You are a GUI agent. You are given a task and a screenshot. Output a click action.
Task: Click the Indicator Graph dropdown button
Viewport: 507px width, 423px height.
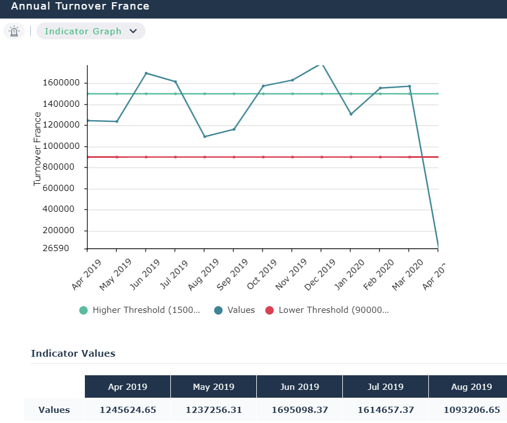[x=90, y=31]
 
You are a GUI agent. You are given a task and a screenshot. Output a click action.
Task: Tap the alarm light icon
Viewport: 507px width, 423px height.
[x=14, y=31]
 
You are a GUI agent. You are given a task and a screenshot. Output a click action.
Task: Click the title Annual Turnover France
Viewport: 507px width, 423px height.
[x=80, y=7]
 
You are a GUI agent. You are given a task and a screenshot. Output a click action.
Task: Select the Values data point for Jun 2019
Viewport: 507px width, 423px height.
[x=146, y=73]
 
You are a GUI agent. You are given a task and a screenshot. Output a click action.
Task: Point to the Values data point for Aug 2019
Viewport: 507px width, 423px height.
[x=205, y=137]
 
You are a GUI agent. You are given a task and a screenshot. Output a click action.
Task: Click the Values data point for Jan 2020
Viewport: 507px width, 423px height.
[x=351, y=114]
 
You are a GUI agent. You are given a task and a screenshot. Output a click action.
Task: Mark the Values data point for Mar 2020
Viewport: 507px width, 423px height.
[x=409, y=87]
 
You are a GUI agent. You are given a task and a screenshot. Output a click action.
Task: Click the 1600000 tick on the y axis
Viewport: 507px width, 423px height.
[x=62, y=83]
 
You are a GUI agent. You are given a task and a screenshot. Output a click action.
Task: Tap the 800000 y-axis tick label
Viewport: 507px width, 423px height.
[x=64, y=167]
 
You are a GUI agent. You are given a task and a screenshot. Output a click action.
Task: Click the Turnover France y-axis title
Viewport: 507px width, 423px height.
[x=38, y=149]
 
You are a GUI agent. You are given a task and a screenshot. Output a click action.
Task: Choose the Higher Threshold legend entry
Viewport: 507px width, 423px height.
[x=140, y=310]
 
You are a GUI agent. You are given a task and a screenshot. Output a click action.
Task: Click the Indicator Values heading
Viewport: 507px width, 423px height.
[x=73, y=353]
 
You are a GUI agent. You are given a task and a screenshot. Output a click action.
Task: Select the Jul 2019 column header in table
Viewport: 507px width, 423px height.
[x=385, y=386]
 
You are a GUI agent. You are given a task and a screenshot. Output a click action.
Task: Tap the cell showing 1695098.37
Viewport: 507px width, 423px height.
[x=299, y=410]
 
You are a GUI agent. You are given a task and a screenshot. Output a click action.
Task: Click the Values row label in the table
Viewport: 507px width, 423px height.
[x=54, y=410]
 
